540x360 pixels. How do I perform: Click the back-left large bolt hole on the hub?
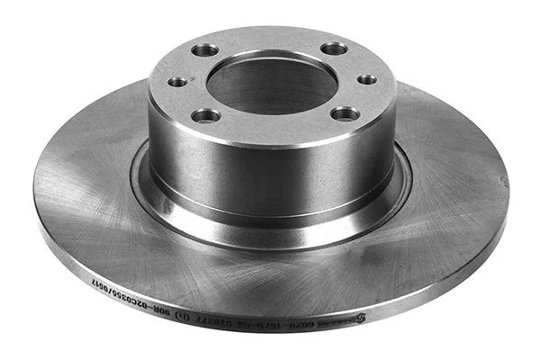pos(204,49)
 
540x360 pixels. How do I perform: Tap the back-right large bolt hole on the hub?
pos(334,48)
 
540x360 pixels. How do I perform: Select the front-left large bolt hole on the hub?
pos(206,114)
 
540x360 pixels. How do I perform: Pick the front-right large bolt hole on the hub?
pos(345,112)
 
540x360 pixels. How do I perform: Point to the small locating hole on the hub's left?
pos(178,82)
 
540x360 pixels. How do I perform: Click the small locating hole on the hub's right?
pos(367,79)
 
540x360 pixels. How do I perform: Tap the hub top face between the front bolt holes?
pos(274,126)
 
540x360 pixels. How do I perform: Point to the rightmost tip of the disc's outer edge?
pos(508,193)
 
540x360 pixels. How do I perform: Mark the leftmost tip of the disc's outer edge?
pos(33,193)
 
